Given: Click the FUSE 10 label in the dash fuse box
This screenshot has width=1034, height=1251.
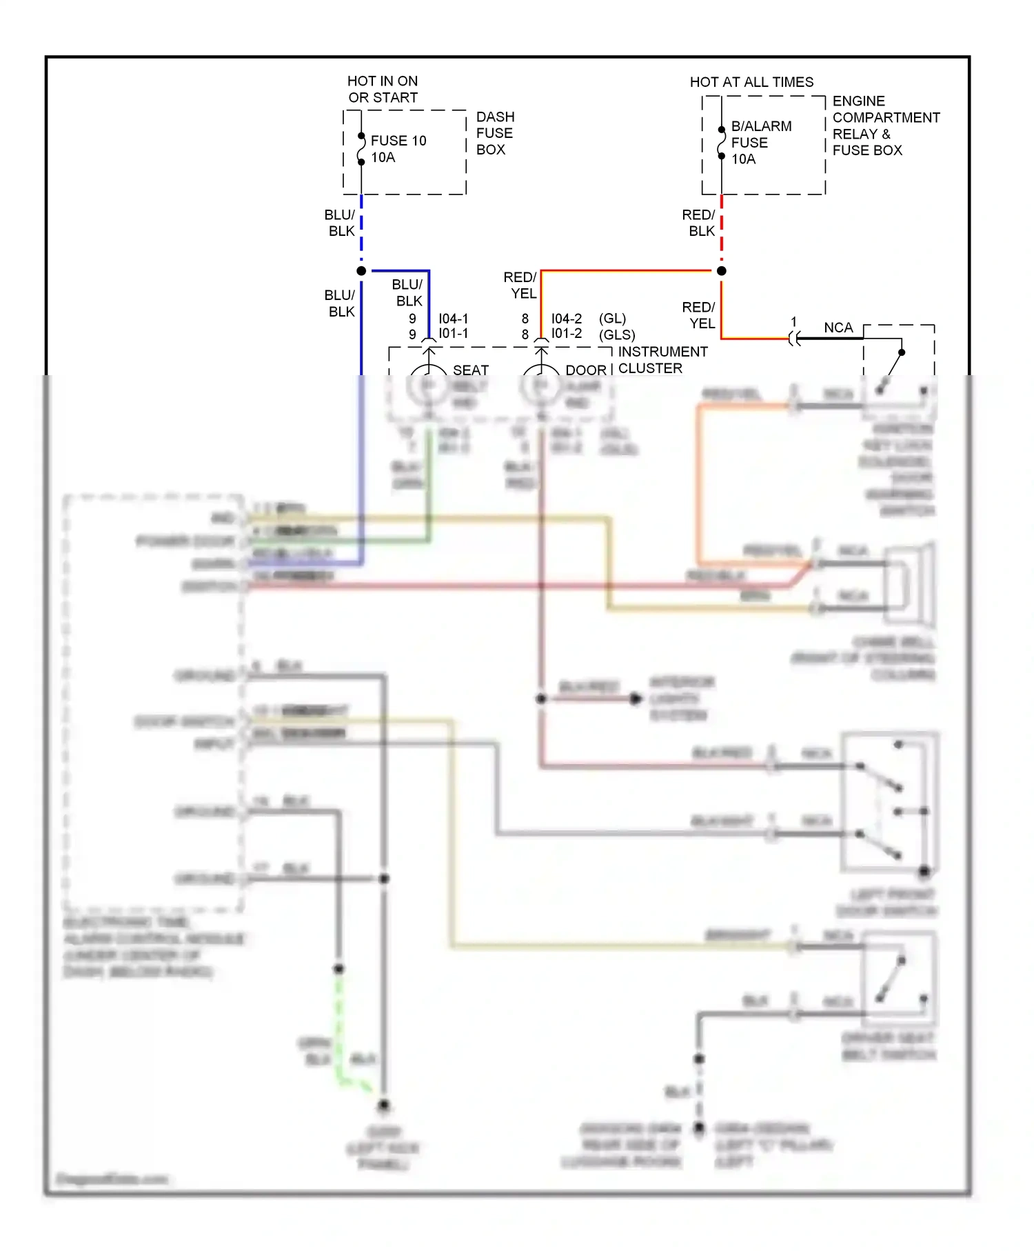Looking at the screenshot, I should tap(398, 141).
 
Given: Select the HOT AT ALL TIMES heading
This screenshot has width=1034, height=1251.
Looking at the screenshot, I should tap(751, 82).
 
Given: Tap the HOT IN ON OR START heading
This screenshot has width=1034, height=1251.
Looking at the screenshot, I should tap(383, 90).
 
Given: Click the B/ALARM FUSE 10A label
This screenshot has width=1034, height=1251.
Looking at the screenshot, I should tap(760, 143).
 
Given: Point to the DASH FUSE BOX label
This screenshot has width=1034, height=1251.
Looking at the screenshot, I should tap(494, 133).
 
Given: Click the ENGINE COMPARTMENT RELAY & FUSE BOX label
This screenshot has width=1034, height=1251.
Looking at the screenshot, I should tap(885, 126).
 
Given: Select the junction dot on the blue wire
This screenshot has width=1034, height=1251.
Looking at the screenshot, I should tap(361, 271).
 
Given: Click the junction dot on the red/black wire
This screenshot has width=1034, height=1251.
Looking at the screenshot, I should tap(721, 271).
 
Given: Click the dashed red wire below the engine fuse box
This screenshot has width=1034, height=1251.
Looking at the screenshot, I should tap(721, 228).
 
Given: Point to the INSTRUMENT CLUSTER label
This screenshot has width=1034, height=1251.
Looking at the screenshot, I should tap(662, 360).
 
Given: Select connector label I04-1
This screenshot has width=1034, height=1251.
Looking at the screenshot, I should tap(453, 319).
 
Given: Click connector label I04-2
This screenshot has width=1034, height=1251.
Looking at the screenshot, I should tap(566, 319).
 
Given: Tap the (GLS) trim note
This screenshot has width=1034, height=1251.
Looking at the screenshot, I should tap(616, 335).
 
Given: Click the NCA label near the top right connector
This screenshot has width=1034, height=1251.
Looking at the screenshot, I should tap(838, 328).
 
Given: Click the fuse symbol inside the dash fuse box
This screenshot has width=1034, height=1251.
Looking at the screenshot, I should tap(361, 149).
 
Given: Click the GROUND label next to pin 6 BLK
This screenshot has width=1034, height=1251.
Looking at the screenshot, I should tap(205, 675).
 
